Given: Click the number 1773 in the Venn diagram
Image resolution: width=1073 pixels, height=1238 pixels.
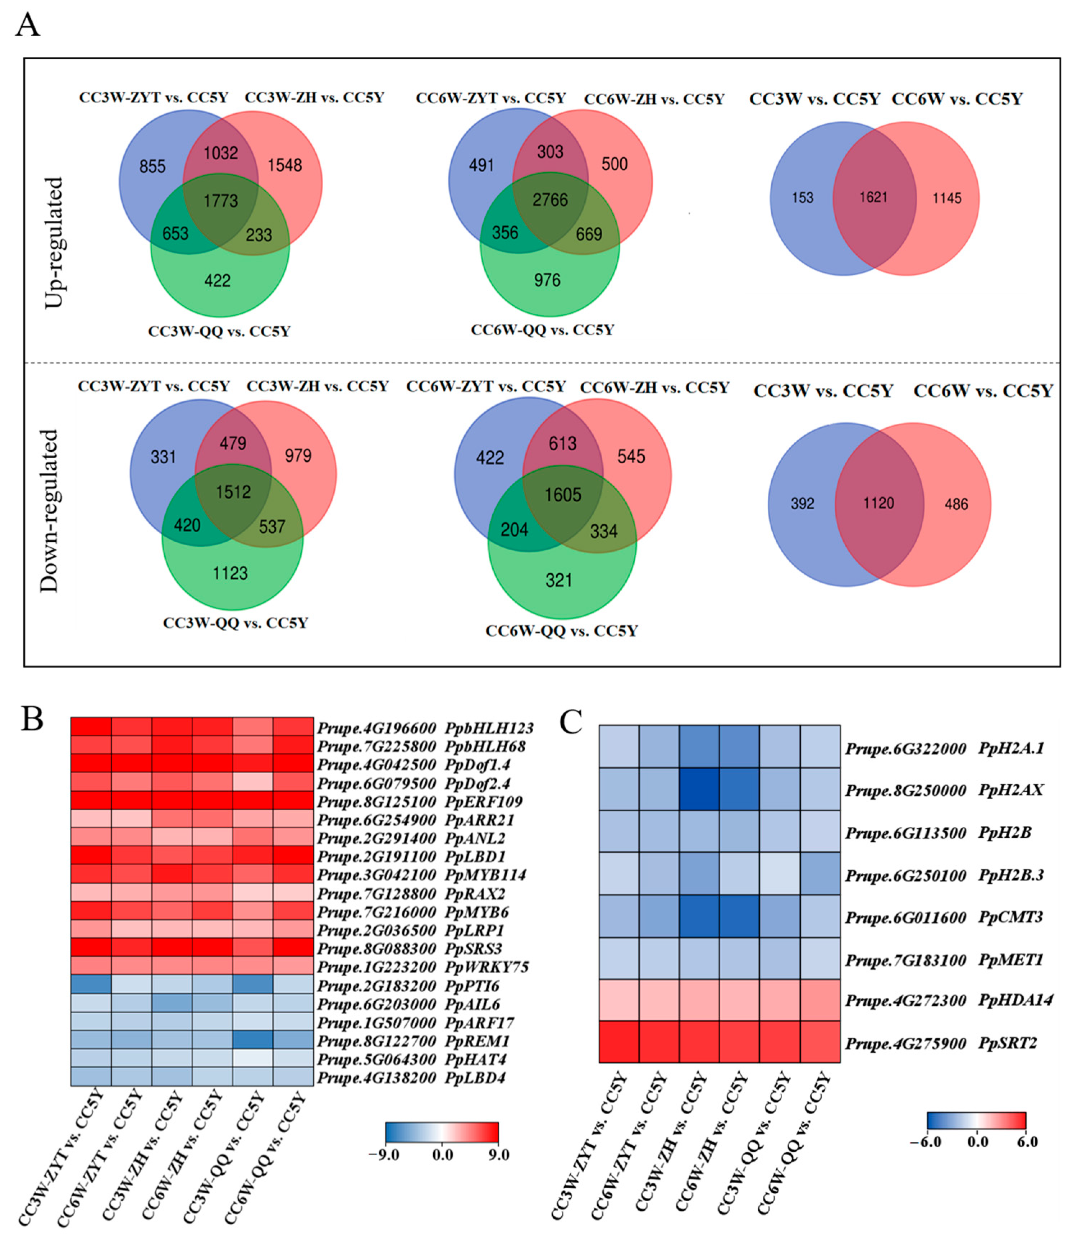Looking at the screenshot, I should click(221, 201).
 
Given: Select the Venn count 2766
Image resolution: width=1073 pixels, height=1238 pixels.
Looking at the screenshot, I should click(550, 200).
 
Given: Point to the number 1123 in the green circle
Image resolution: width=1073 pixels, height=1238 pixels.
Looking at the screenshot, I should click(230, 574).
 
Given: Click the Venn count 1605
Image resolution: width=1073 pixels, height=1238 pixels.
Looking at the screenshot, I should click(563, 495).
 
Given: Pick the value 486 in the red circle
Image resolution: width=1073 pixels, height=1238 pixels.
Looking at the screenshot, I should click(956, 504).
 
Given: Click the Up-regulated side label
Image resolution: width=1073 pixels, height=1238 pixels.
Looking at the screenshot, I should click(54, 242).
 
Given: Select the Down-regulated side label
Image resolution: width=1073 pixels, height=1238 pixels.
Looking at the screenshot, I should click(49, 511).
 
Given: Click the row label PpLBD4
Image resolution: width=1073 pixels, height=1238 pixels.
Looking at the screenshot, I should click(475, 1078).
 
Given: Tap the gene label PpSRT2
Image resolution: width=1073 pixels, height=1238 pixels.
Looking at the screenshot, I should click(1007, 1044).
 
